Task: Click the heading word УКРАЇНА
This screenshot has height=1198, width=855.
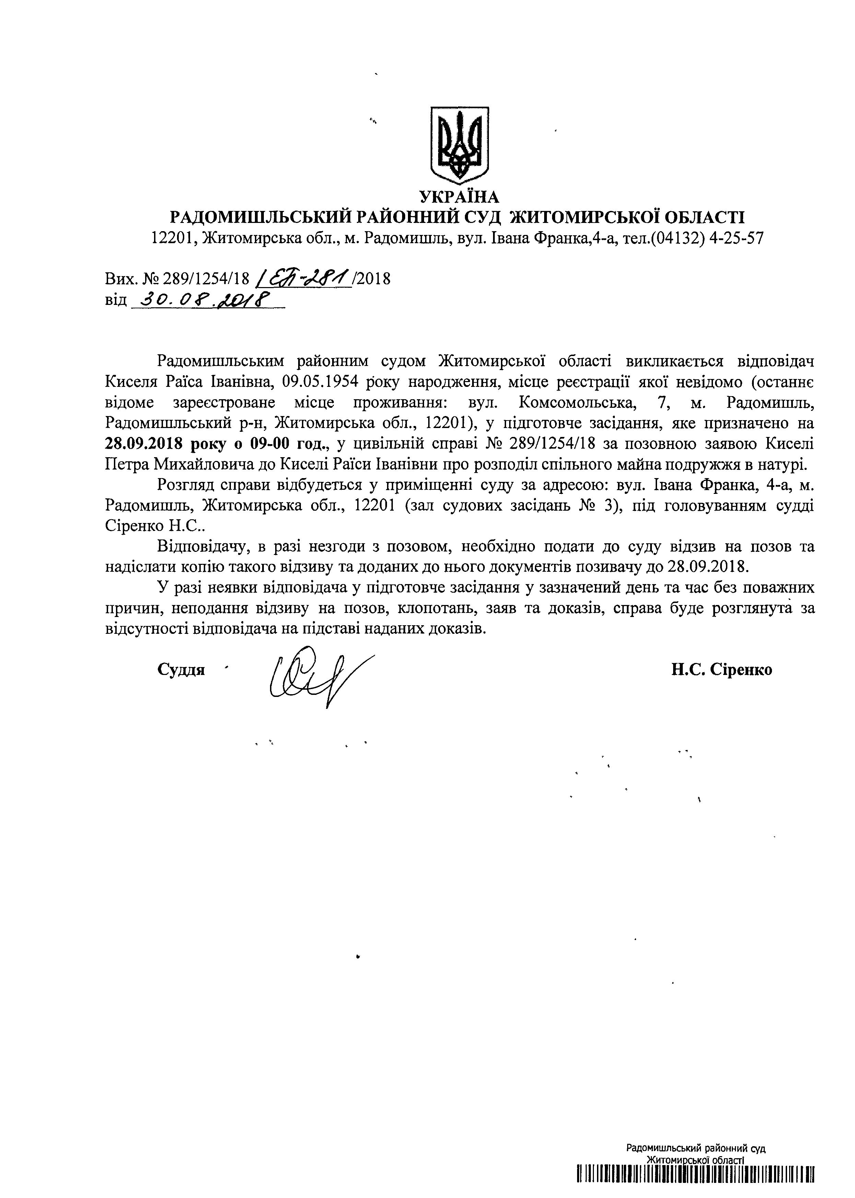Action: pyautogui.click(x=459, y=197)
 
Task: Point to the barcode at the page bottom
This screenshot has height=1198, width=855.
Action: pyautogui.click(x=695, y=1184)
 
